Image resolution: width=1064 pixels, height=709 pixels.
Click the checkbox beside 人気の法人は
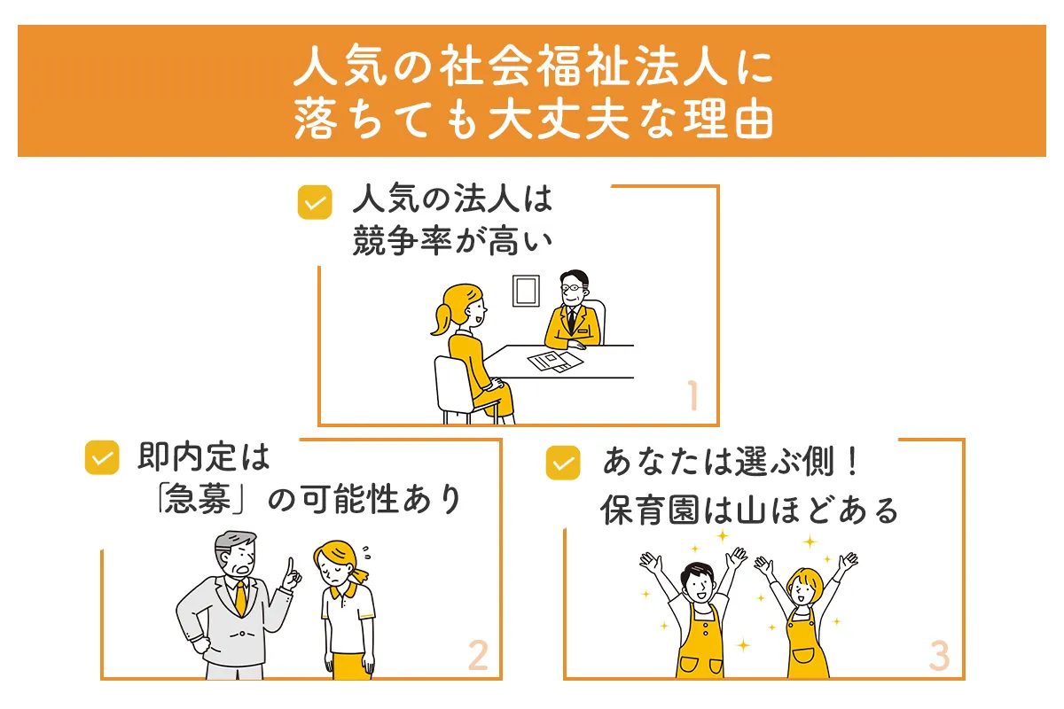(x=314, y=202)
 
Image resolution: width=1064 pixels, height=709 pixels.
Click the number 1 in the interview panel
(x=692, y=397)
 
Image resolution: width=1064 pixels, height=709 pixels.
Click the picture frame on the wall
(x=526, y=290)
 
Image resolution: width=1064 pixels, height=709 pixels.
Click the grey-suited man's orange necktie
(x=240, y=599)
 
